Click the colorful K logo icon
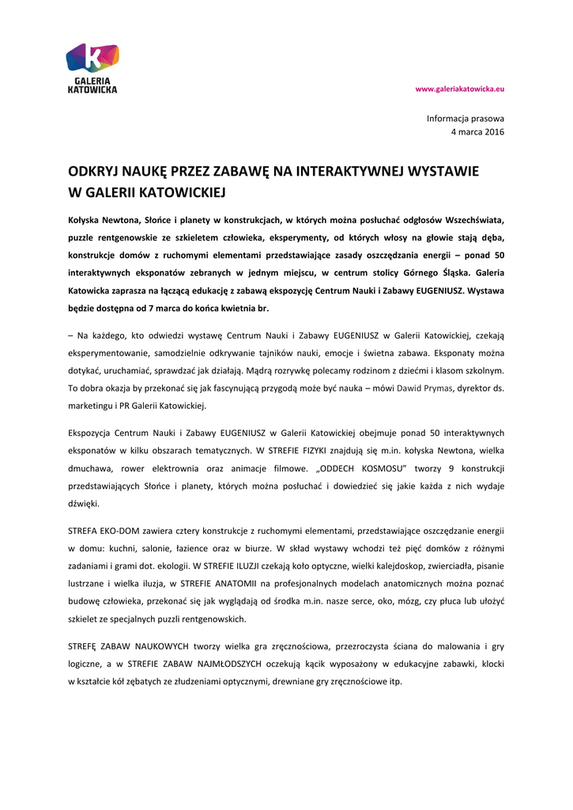click(x=92, y=58)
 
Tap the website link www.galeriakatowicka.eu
click(x=460, y=89)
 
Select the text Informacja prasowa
click(x=466, y=118)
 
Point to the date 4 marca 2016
click(x=477, y=132)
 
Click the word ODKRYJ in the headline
click(x=92, y=171)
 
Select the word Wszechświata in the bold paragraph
click(x=471, y=219)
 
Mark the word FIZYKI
click(x=322, y=451)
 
